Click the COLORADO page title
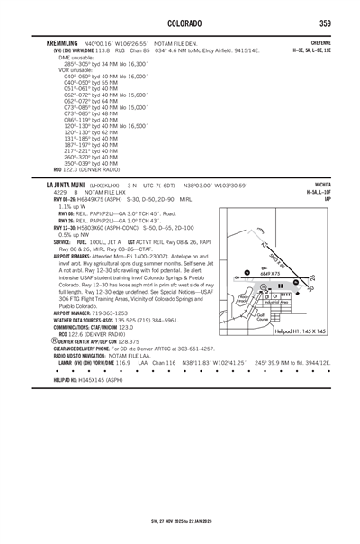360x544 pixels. [x=180, y=22]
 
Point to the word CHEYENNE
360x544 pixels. [x=319, y=41]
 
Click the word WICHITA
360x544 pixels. [x=320, y=183]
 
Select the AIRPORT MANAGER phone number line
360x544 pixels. [x=91, y=312]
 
